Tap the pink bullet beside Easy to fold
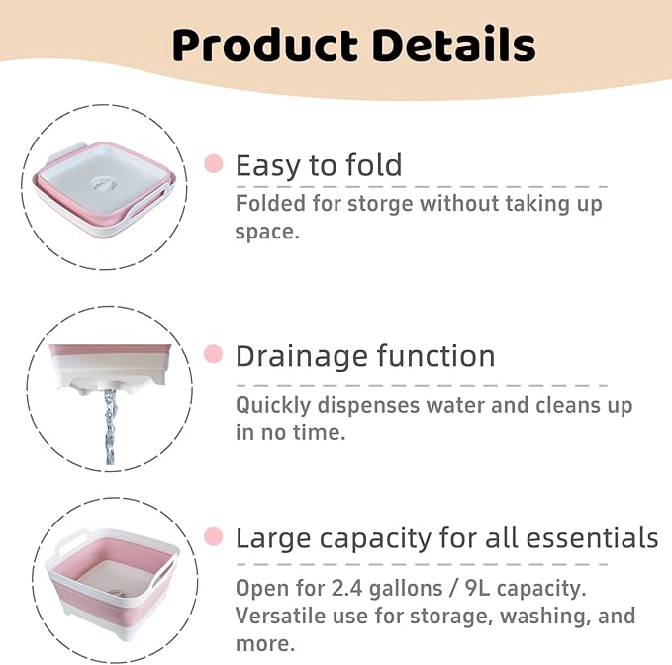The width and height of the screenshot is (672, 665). click(213, 163)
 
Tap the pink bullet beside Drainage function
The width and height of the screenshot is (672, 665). click(213, 353)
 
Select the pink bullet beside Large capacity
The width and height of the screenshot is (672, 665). click(213, 537)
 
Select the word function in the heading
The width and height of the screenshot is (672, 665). click(436, 355)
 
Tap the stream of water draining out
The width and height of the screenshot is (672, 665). click(109, 426)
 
